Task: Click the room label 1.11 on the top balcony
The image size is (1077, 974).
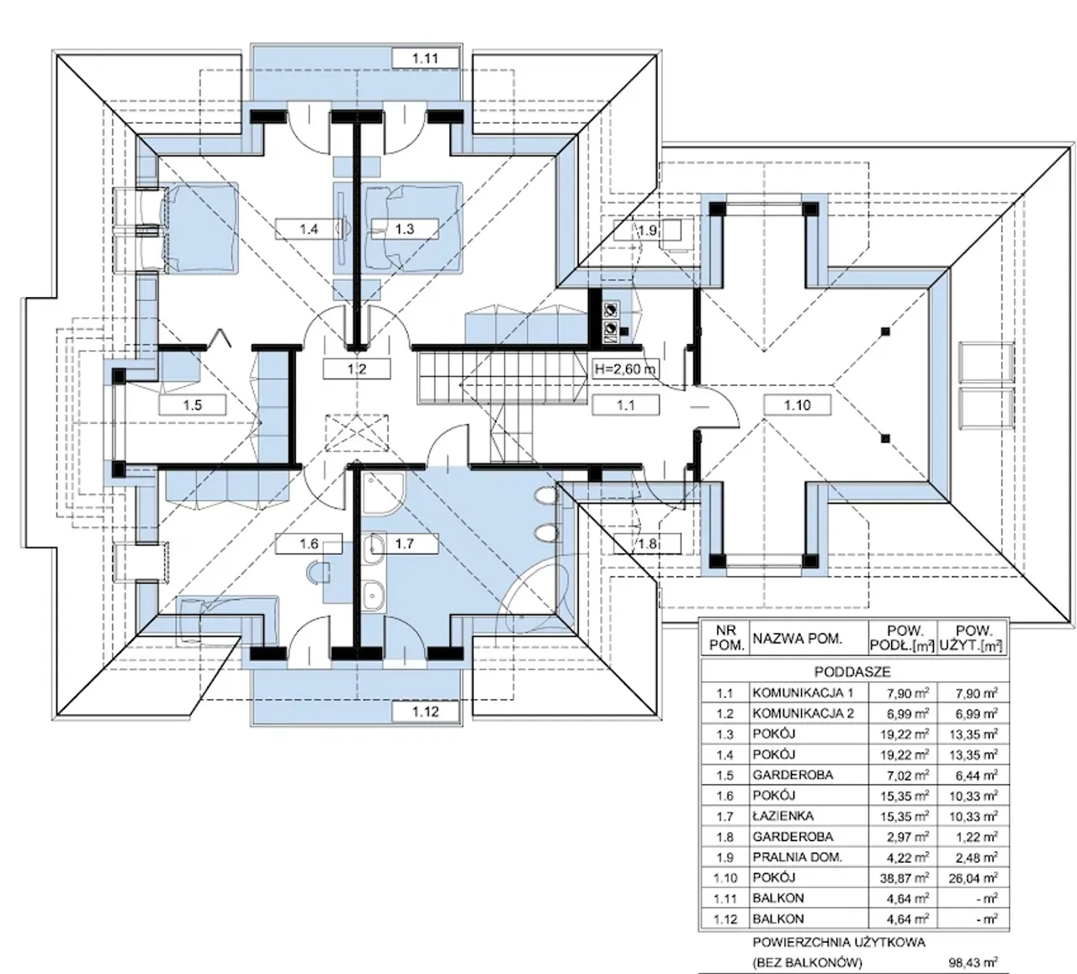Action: pos(425,58)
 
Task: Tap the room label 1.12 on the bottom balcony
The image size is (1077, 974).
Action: pos(425,712)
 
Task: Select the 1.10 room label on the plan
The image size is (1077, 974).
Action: pos(798,405)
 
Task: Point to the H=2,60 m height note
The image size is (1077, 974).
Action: pos(625,369)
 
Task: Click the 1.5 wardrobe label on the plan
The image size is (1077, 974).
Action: pos(192,405)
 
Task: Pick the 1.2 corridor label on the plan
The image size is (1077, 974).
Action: pos(357,369)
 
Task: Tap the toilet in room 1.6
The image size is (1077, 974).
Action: pos(318,573)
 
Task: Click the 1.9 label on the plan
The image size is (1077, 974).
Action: pos(647,230)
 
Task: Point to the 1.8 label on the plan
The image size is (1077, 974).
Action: pos(647,543)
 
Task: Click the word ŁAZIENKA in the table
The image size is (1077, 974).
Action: pos(783,816)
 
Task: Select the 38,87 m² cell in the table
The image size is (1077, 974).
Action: pos(905,878)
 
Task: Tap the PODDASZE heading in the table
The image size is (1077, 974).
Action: pos(852,672)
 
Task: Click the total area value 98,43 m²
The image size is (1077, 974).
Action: pos(973,961)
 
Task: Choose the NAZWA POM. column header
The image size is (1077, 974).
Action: pos(798,638)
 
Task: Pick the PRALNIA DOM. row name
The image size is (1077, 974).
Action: pos(797,857)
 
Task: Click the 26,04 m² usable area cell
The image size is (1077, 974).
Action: pos(973,878)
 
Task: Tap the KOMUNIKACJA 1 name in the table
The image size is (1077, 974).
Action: pos(803,692)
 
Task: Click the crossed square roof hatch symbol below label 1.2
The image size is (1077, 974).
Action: pos(357,432)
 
